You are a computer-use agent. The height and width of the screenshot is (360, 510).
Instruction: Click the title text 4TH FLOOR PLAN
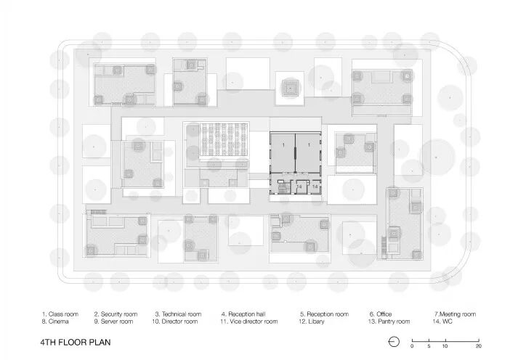coord(76,342)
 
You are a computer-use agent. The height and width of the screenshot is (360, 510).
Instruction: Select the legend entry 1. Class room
coord(60,314)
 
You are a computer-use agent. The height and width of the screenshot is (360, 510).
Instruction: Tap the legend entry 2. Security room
coord(116,314)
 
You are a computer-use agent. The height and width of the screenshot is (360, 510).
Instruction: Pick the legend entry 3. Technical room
coord(178,314)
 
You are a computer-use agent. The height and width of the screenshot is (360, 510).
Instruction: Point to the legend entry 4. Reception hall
coord(243,314)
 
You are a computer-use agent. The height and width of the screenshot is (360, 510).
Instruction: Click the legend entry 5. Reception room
coord(324,314)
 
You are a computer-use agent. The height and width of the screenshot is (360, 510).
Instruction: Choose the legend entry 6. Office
coord(381,314)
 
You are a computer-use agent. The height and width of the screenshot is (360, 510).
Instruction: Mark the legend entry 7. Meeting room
coord(455,314)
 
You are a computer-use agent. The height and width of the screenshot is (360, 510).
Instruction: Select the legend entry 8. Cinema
coord(55,322)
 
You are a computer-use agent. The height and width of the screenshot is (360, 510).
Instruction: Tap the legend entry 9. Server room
coord(114,322)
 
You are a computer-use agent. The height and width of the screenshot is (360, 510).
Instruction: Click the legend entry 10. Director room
coord(175,322)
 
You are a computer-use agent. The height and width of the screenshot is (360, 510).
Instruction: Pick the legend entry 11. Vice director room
coord(249,322)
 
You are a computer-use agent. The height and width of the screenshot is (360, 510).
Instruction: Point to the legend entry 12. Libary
coord(312,322)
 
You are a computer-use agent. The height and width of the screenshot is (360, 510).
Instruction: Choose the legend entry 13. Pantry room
coord(389,322)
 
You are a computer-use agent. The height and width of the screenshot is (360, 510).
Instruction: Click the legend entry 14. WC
coord(442,322)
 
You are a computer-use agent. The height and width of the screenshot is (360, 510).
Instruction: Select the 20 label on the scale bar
coord(479,346)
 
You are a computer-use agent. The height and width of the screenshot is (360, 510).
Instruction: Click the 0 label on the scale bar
coord(412,346)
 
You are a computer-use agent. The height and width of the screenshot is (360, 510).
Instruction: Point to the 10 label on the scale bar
coord(445,346)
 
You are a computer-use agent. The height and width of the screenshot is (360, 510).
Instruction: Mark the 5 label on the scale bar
coord(429,346)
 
